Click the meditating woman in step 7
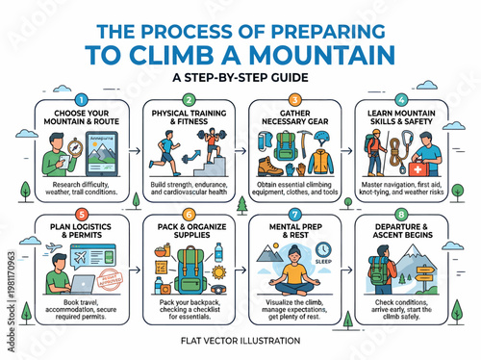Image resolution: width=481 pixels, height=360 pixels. tap(293, 279)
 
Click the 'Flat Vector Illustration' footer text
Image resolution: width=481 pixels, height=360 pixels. tap(240, 339)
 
